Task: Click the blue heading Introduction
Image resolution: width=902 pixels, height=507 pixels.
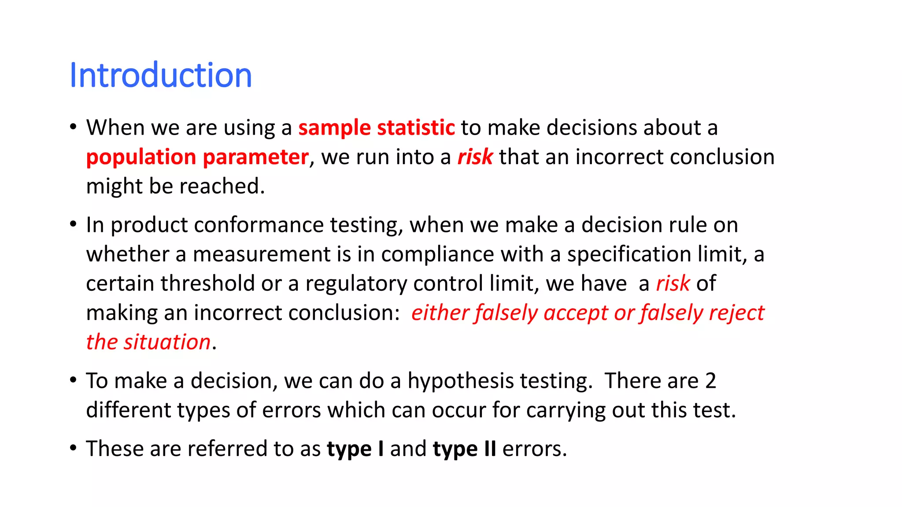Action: point(161,75)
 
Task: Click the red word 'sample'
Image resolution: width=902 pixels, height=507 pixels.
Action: point(334,128)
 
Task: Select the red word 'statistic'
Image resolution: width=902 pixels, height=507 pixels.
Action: point(416,128)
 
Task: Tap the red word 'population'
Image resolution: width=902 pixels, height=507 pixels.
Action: point(141,158)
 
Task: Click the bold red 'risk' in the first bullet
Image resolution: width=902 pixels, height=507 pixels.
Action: point(475,157)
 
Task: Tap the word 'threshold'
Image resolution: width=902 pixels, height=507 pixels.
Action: point(207,283)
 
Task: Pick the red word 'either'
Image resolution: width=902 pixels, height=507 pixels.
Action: point(440,313)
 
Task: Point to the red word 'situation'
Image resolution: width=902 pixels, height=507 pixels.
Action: point(167,342)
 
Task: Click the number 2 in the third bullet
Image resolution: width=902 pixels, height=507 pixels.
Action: point(710,381)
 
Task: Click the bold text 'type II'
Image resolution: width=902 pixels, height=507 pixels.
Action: point(464,449)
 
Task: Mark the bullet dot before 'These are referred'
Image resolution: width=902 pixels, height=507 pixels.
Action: point(73,448)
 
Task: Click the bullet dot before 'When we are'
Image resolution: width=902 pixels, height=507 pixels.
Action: point(73,127)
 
